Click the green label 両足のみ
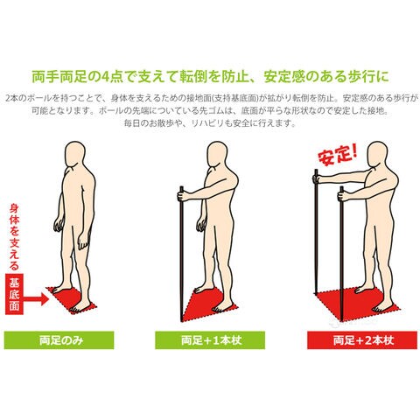(x=59, y=340)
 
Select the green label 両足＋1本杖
(x=210, y=340)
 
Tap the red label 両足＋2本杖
(x=362, y=340)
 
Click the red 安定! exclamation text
(x=338, y=157)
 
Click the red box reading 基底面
(x=14, y=294)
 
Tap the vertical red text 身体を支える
(x=14, y=237)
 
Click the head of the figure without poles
(x=75, y=155)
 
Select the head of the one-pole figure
(x=218, y=155)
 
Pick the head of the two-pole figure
(x=378, y=155)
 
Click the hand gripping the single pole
(x=183, y=196)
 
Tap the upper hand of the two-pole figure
(x=317, y=178)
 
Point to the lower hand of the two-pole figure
(x=343, y=196)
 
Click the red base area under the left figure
(x=72, y=299)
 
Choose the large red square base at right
(x=358, y=304)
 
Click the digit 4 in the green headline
(x=105, y=76)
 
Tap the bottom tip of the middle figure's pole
(x=182, y=318)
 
